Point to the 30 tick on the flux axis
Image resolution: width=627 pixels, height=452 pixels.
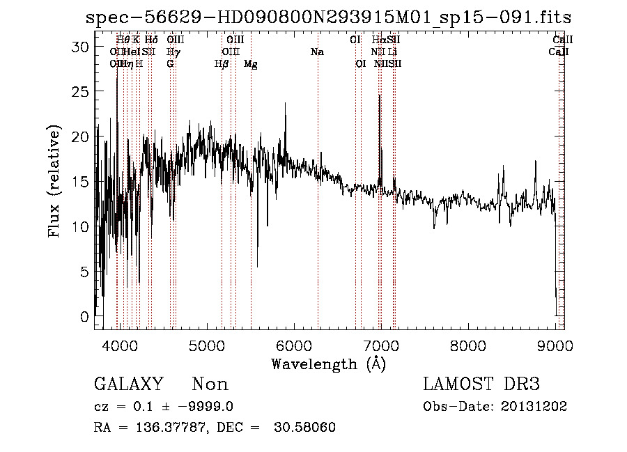click(x=82, y=46)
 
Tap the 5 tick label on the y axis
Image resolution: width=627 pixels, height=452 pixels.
click(x=85, y=272)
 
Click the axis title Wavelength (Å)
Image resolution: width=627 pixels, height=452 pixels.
click(x=328, y=364)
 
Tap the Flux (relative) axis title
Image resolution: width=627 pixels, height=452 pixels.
click(x=55, y=182)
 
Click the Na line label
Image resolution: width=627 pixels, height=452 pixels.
click(x=318, y=52)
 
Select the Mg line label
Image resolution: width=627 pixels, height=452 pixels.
click(x=251, y=64)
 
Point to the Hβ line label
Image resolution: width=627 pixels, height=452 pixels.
click(x=222, y=64)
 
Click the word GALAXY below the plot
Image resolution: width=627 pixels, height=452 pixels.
click(x=128, y=384)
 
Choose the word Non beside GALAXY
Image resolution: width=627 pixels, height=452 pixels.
click(x=210, y=384)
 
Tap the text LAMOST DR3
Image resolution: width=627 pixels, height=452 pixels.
click(x=481, y=384)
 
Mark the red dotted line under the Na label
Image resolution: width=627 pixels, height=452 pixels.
click(x=318, y=209)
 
